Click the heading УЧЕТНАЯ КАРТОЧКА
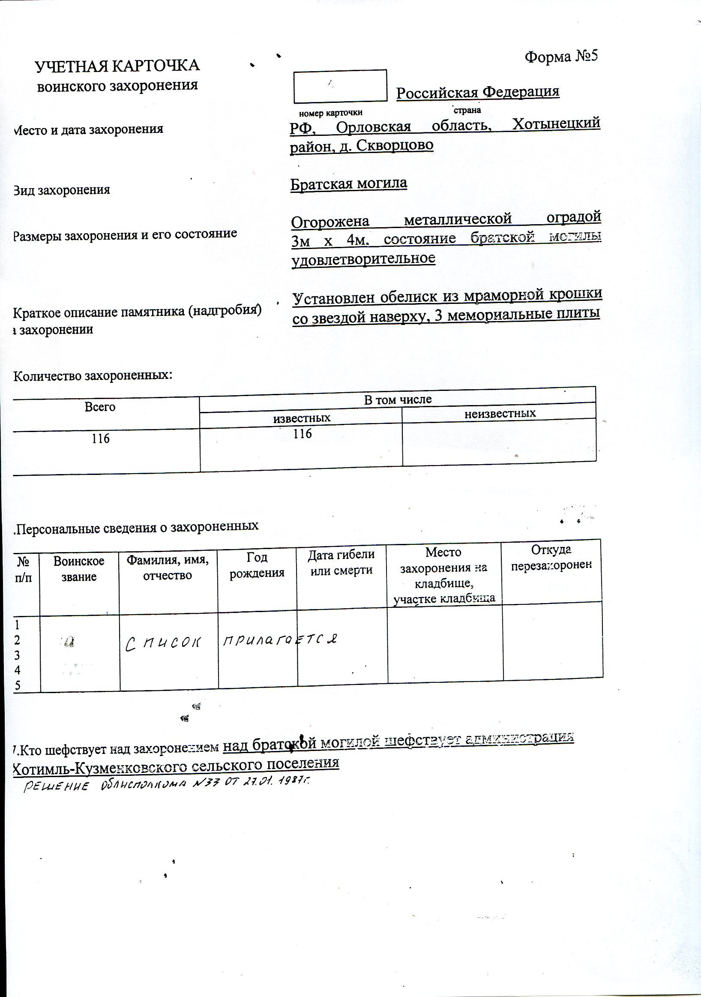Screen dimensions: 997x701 coord(117,66)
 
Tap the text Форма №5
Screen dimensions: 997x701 coord(561,57)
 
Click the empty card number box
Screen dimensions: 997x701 coord(340,86)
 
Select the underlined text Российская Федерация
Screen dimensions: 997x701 coord(477,92)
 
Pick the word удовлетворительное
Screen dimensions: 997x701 coord(364,258)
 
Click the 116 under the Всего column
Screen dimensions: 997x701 coord(100,438)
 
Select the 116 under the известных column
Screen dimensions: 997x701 coord(303,433)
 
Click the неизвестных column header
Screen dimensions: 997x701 coord(500,413)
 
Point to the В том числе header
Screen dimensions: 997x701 coord(398,399)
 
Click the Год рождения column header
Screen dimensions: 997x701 coord(257,565)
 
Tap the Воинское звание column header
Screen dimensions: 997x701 coord(79,569)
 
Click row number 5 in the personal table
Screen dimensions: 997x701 coord(18,685)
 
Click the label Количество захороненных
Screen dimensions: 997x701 coord(93,375)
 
